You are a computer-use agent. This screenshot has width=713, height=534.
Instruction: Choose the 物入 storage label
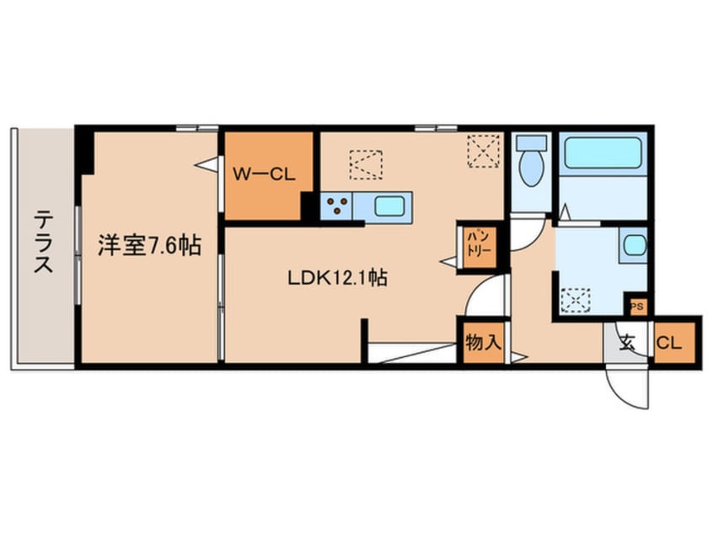pos(483,343)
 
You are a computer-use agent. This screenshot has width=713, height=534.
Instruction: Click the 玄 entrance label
pos(628,343)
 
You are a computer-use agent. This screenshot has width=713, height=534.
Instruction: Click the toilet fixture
pos(531,163)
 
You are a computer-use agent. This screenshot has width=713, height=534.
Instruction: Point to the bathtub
pos(603,152)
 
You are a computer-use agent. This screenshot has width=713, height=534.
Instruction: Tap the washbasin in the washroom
pos(633,245)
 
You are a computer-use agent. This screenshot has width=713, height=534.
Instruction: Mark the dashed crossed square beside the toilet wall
pos(484,152)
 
